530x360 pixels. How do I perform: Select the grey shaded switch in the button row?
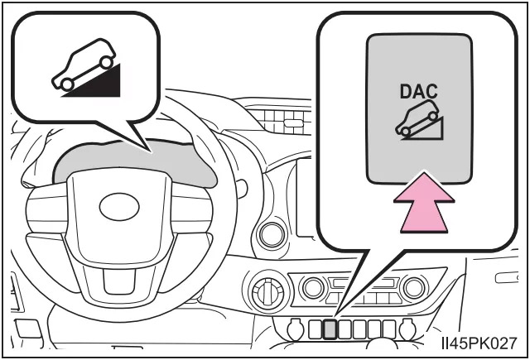tap(330, 329)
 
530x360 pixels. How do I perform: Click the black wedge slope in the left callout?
tap(95, 82)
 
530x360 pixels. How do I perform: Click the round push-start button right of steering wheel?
tap(271, 234)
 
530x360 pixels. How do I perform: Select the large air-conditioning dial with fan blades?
tap(267, 293)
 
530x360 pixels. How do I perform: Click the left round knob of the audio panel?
tap(314, 288)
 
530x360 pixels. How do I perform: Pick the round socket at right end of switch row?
tap(406, 329)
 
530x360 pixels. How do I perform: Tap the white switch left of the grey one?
tap(316, 329)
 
